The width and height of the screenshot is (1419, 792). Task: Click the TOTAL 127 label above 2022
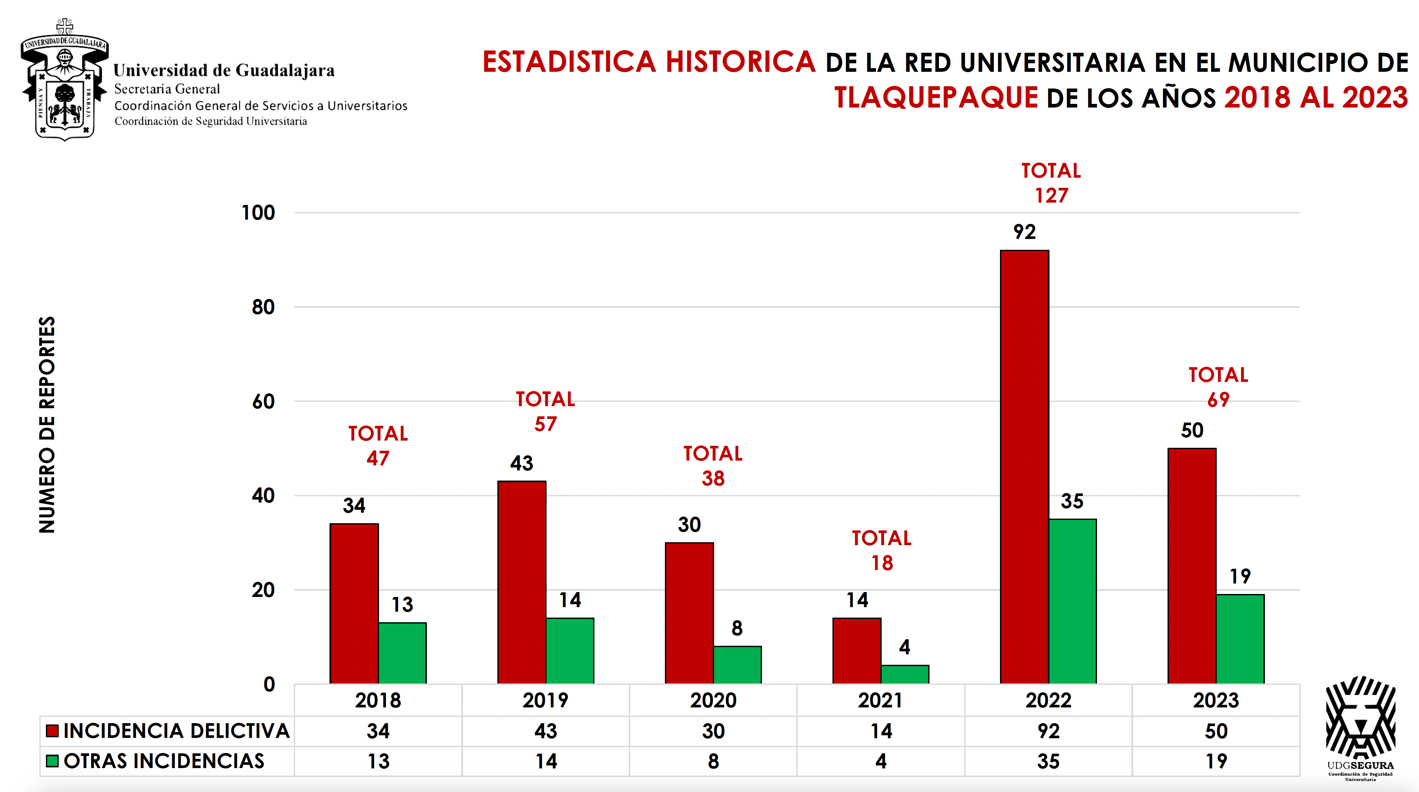click(1051, 183)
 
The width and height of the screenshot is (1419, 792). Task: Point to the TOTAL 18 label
click(881, 550)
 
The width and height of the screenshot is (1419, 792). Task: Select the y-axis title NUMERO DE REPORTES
click(47, 424)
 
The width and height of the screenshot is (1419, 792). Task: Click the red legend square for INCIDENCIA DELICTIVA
click(52, 731)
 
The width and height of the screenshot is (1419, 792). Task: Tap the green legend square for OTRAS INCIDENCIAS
click(52, 761)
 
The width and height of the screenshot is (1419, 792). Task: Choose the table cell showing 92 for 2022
click(1048, 731)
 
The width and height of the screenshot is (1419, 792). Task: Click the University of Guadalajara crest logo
click(65, 80)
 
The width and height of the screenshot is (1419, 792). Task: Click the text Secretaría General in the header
click(167, 89)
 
